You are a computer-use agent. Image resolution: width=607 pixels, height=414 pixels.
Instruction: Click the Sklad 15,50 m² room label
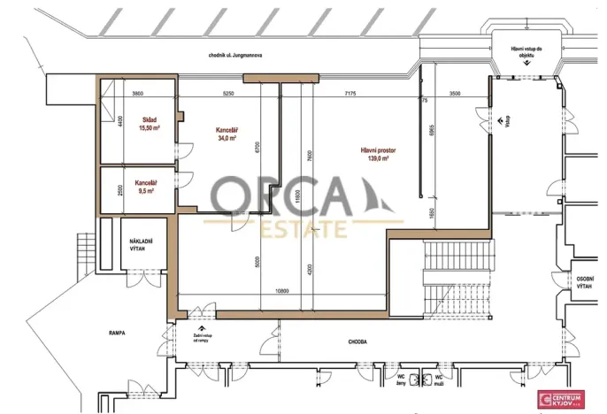click(x=148, y=123)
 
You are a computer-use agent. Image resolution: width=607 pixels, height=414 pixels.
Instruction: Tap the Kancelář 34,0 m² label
click(x=227, y=134)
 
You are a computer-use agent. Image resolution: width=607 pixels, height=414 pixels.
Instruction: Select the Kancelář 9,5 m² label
click(x=144, y=187)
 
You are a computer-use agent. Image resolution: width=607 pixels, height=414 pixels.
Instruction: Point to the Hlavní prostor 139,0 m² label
click(x=378, y=155)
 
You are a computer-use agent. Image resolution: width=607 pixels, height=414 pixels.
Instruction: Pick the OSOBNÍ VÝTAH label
click(x=584, y=280)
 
